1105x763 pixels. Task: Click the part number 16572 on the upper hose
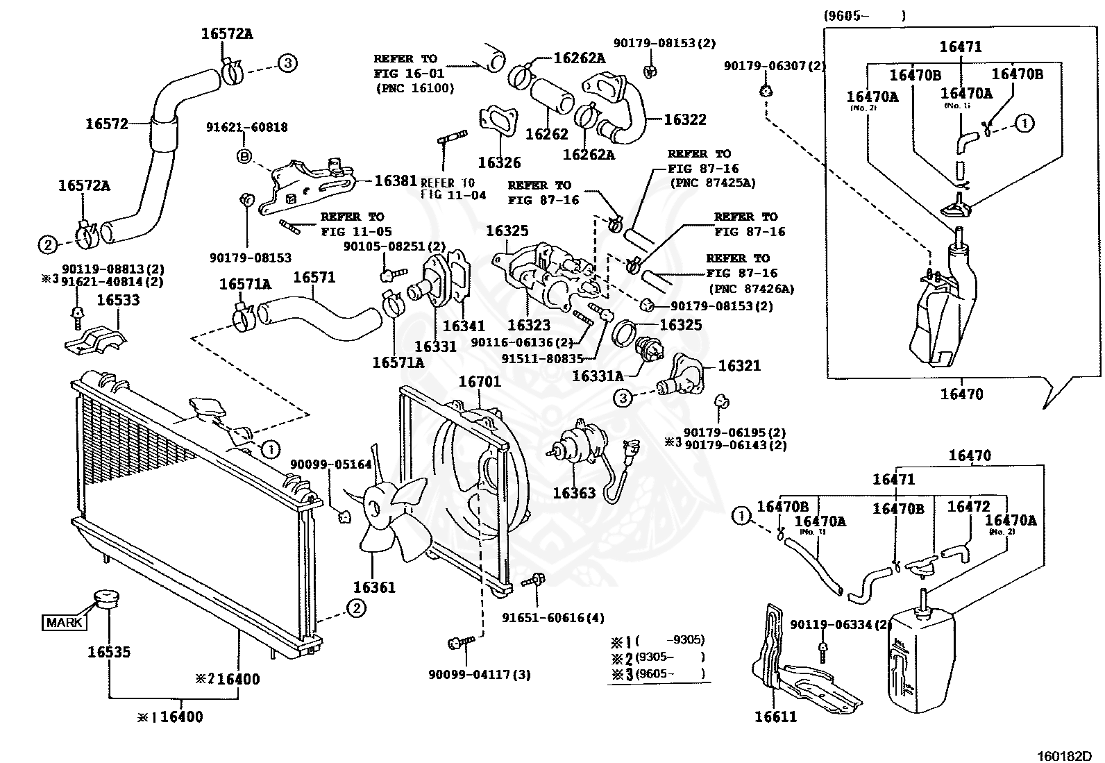[x=107, y=124]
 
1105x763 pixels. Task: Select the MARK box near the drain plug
[x=65, y=622]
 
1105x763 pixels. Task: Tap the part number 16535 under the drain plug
[x=109, y=652]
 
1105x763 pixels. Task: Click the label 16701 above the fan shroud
[x=480, y=382]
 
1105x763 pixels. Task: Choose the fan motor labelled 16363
[x=580, y=444]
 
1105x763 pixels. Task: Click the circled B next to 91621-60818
[x=244, y=156]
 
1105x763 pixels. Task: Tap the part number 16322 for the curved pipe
[x=684, y=119]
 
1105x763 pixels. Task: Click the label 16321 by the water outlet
[x=739, y=365]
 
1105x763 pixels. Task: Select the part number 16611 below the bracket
[x=776, y=716]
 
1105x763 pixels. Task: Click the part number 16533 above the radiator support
[x=118, y=300]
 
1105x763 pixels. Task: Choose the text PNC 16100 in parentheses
[x=415, y=88]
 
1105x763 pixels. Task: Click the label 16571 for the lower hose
[x=314, y=277]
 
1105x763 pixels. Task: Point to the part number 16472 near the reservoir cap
[x=968, y=507]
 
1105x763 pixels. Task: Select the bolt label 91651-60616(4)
[x=553, y=618]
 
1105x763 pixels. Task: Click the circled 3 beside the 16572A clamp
[x=288, y=63]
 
